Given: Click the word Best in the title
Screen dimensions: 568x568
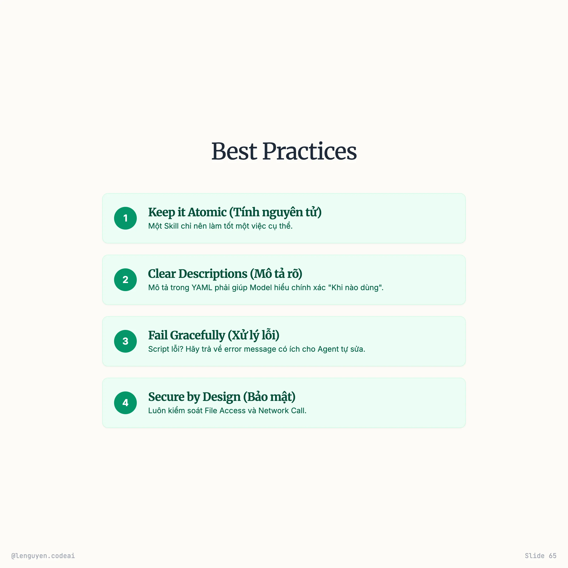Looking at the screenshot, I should tap(234, 151).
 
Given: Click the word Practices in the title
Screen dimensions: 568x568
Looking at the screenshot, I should tap(309, 151).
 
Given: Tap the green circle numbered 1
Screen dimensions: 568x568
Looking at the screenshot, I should tap(125, 218).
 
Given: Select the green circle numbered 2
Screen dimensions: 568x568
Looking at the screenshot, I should tap(125, 280).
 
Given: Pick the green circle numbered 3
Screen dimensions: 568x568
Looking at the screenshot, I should tap(125, 341).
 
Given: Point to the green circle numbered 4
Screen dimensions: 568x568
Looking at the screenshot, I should tap(125, 403).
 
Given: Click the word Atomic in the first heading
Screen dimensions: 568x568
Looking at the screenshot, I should tap(207, 212).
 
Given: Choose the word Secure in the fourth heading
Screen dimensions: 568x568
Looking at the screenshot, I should tap(166, 397).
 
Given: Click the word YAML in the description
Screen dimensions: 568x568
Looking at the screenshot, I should tap(202, 288).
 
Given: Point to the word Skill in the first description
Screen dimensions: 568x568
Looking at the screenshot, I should tap(171, 226).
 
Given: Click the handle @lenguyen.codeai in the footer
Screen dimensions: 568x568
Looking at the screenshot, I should tap(43, 556).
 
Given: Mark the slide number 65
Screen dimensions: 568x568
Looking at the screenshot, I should tap(552, 556).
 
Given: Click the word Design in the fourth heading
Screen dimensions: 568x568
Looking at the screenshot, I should tap(221, 397).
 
